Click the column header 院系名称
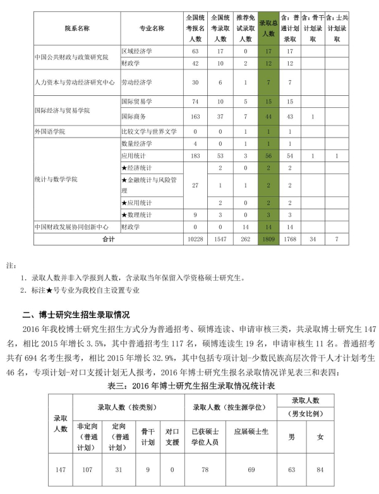(76, 28)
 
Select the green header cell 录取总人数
(268, 28)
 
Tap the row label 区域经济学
(137, 50)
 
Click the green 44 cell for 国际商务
(268, 117)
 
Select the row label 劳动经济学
(137, 82)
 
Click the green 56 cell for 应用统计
(268, 156)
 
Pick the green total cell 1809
(268, 240)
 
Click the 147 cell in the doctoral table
(61, 469)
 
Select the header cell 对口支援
(172, 436)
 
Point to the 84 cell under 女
(320, 469)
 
